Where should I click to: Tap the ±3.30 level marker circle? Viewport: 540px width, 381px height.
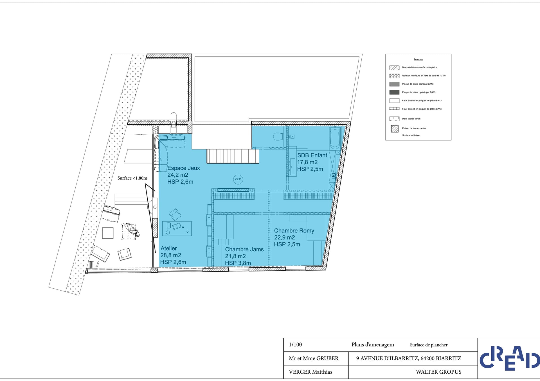click(x=238, y=179)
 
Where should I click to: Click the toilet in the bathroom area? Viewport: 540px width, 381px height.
click(x=278, y=137)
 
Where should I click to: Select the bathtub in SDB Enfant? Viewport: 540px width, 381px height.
click(x=335, y=138)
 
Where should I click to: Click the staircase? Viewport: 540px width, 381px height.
click(x=233, y=156)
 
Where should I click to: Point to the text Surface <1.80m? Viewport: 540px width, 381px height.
click(x=132, y=178)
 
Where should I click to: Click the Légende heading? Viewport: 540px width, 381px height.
click(x=418, y=59)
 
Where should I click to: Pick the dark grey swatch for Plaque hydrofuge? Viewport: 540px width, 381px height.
click(x=394, y=92)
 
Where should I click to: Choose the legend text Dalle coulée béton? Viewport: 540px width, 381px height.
click(x=411, y=119)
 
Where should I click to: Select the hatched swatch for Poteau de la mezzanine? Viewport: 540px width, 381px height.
click(x=395, y=129)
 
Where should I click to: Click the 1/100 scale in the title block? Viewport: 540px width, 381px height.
click(x=295, y=345)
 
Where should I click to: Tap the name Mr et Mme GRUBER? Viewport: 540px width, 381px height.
click(x=314, y=358)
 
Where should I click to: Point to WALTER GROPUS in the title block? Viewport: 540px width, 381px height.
click(x=438, y=372)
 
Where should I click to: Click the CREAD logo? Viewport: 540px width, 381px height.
click(x=510, y=358)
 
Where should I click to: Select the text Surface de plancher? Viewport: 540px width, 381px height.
click(x=429, y=345)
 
